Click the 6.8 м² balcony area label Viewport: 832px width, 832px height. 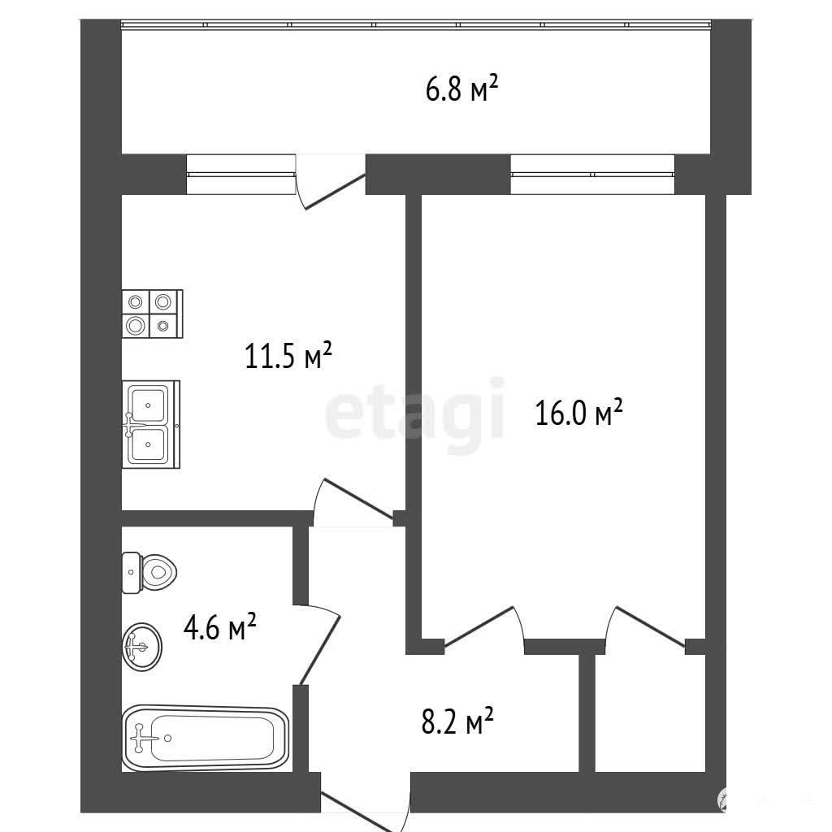click(x=461, y=89)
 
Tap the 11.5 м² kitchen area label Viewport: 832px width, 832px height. click(x=288, y=355)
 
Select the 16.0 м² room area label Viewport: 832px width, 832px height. click(x=578, y=412)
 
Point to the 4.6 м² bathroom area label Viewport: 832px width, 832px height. click(x=219, y=626)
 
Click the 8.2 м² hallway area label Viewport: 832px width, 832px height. click(x=457, y=720)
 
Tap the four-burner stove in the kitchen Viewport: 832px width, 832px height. click(x=152, y=314)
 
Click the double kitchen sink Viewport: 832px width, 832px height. click(x=151, y=424)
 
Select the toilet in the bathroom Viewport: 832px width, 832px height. click(x=149, y=573)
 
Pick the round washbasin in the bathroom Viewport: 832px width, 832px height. click(x=142, y=646)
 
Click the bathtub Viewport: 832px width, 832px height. click(x=206, y=738)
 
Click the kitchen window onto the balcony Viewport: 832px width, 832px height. click(x=240, y=174)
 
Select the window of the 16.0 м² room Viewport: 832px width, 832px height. click(x=592, y=174)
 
